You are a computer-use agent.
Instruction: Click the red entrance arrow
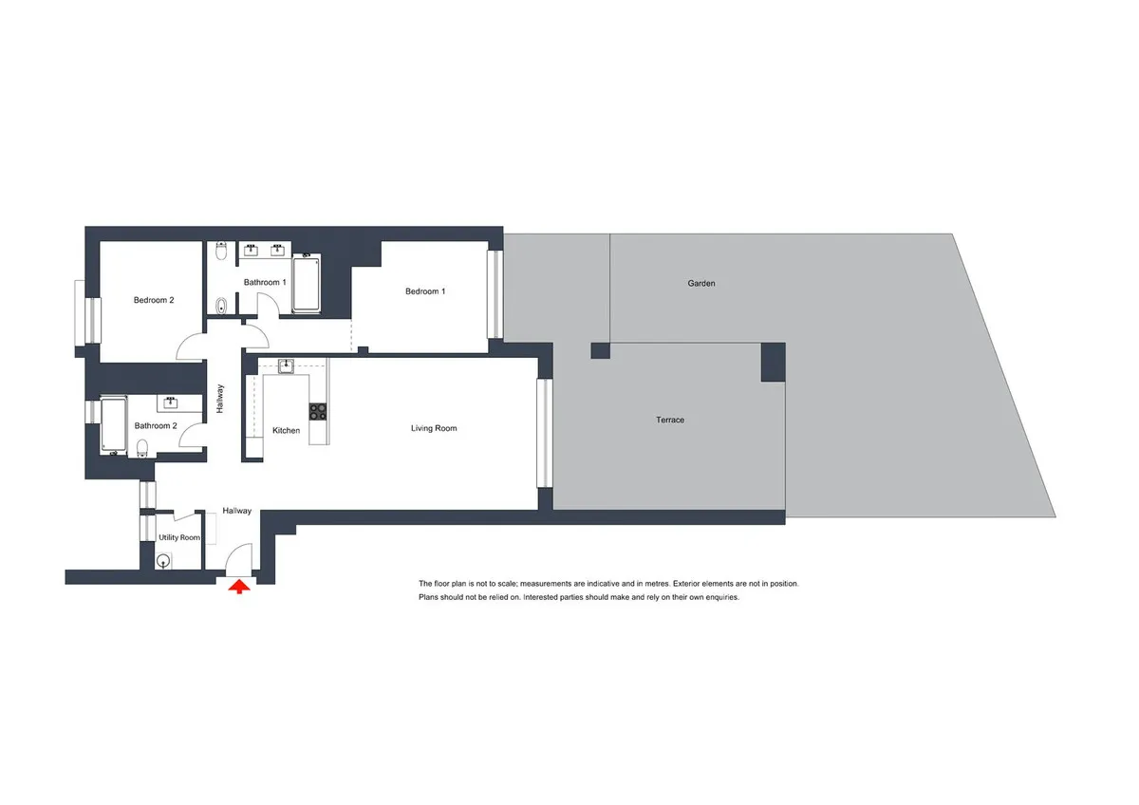[239, 588]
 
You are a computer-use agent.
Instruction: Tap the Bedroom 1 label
[425, 291]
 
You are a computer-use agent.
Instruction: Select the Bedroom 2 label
[154, 300]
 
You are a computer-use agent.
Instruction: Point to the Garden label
[701, 283]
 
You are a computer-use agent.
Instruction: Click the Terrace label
[670, 420]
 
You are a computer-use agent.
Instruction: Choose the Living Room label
[434, 428]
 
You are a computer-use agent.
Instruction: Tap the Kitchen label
[287, 430]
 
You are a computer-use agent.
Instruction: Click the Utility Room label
[179, 537]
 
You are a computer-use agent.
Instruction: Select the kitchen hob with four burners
[318, 411]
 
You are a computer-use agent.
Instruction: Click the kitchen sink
[287, 365]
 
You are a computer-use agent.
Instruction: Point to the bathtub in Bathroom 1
[306, 283]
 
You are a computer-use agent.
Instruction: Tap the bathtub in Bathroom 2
[114, 425]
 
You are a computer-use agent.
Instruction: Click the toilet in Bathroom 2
[142, 448]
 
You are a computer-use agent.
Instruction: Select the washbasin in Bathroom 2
[170, 403]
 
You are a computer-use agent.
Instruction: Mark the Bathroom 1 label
[265, 282]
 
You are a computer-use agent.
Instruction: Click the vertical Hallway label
[219, 399]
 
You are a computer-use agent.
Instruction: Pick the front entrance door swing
[239, 559]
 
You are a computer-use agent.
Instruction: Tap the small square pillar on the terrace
[600, 350]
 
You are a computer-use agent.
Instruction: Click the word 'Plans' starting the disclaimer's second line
[430, 597]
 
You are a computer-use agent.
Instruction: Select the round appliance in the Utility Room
[163, 562]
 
